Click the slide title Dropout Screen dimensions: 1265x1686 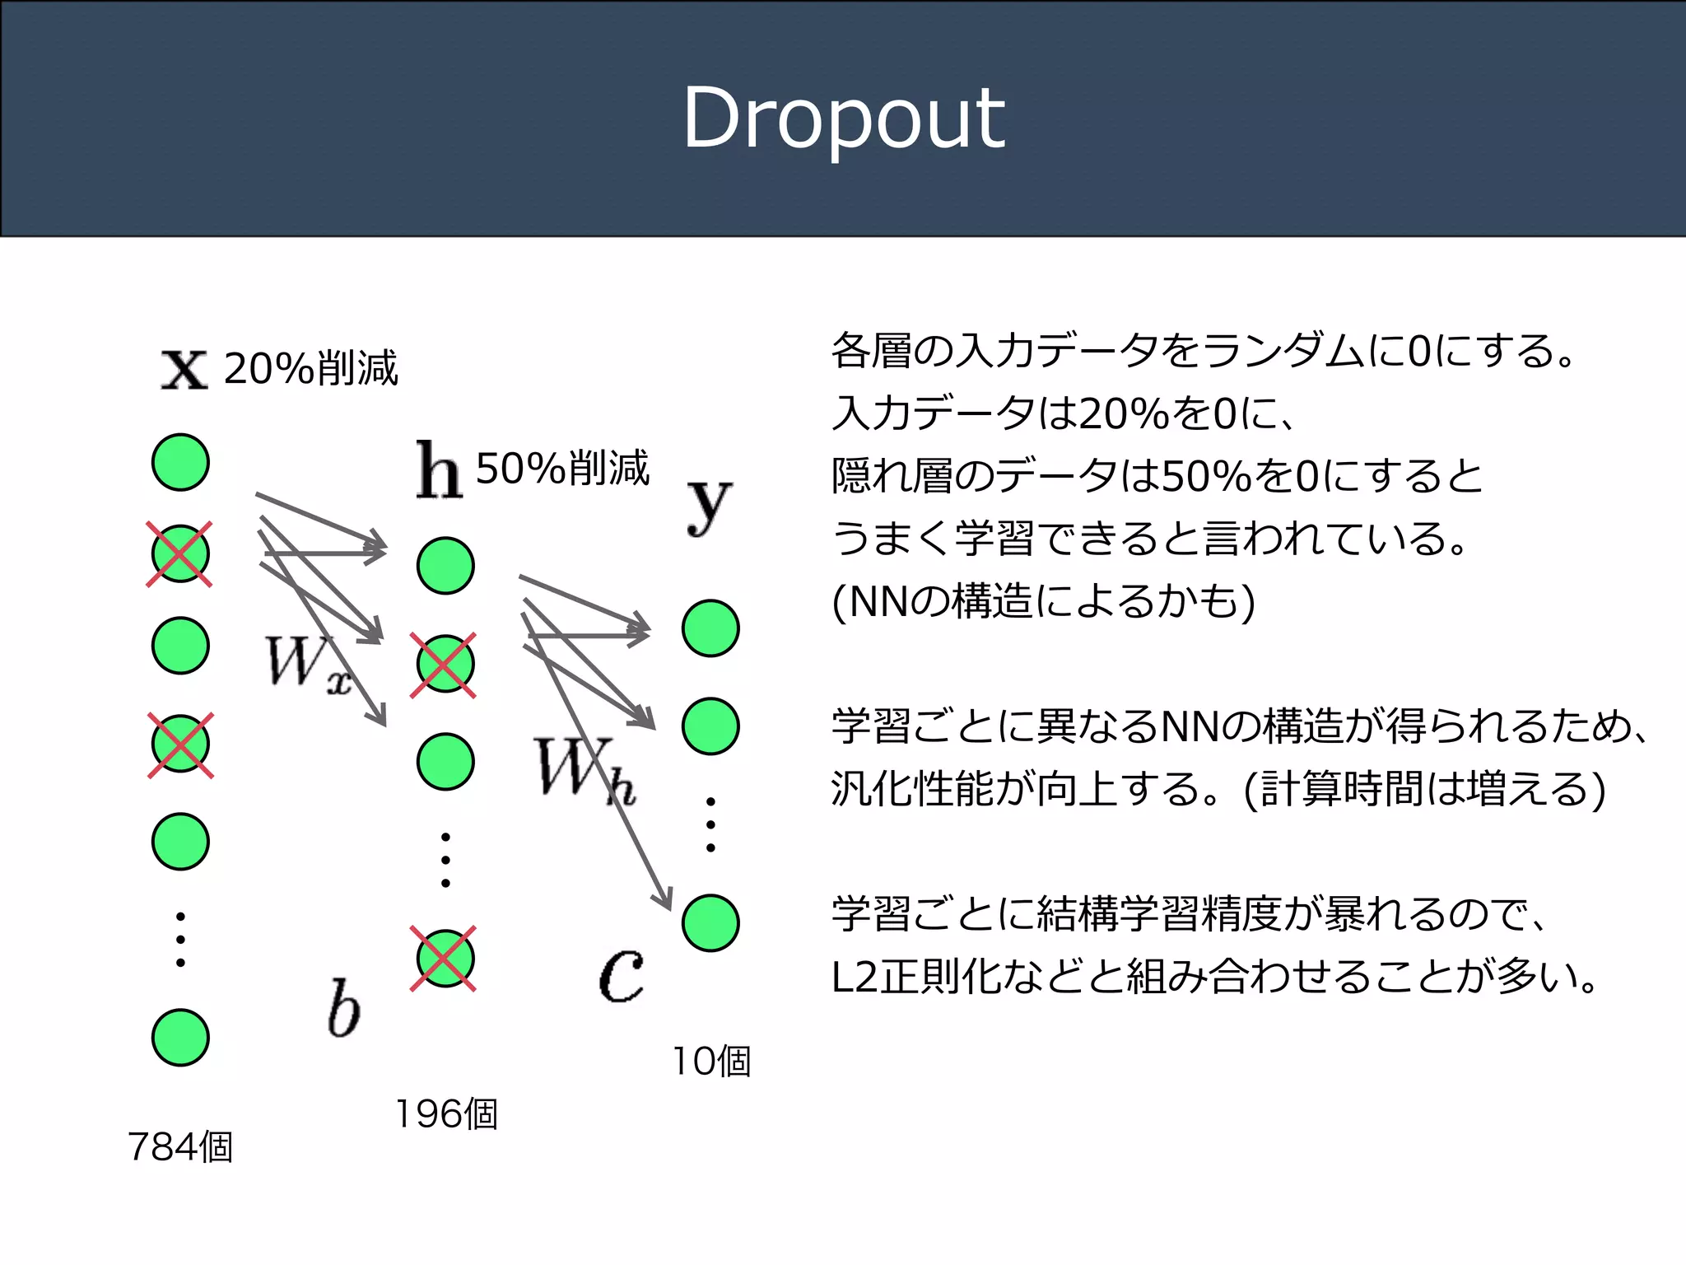pyautogui.click(x=843, y=119)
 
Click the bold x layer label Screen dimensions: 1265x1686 pyautogui.click(x=184, y=370)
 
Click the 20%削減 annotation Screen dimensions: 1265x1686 pyautogui.click(x=311, y=368)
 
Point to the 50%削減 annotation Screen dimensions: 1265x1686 pyautogui.click(x=563, y=469)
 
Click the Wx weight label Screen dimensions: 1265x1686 pyautogui.click(x=306, y=663)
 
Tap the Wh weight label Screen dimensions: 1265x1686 pyautogui.click(x=583, y=768)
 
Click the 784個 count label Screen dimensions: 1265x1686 pyautogui.click(x=180, y=1146)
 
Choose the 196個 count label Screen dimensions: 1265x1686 pyautogui.click(x=446, y=1113)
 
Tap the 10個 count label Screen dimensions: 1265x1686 pyautogui.click(x=711, y=1061)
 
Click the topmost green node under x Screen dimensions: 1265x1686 pyautogui.click(x=180, y=463)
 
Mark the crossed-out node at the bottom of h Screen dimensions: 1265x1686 pyautogui.click(x=445, y=959)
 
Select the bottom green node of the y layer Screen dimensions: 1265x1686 pyautogui.click(x=710, y=923)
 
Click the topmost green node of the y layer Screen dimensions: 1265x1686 pyautogui.click(x=710, y=628)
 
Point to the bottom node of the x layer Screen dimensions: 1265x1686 pyautogui.click(x=180, y=1038)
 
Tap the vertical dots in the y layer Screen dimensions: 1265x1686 pyautogui.click(x=710, y=824)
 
